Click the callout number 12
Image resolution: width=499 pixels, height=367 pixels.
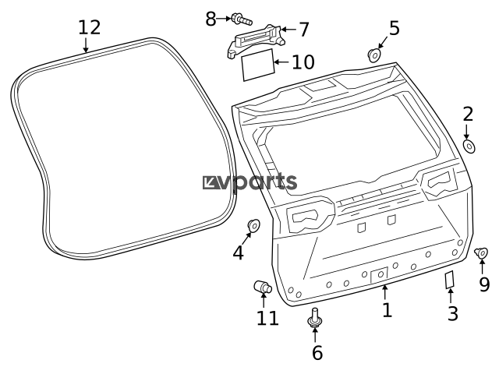[x=90, y=28]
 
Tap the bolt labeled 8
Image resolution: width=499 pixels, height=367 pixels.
[x=242, y=19]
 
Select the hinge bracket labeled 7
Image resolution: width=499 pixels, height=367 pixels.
[x=255, y=41]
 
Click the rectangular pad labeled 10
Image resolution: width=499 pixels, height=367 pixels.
[x=258, y=65]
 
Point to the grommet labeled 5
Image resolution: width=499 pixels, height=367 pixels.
[x=374, y=55]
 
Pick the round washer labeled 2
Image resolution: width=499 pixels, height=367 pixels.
[x=469, y=146]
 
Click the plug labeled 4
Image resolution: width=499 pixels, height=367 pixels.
[x=253, y=225]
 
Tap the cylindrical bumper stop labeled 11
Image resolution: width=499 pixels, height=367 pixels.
[x=263, y=287]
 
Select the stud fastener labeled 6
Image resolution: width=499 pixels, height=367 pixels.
[x=315, y=318]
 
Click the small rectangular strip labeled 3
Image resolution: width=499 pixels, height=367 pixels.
[x=449, y=280]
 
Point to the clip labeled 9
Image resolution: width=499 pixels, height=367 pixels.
[x=481, y=253]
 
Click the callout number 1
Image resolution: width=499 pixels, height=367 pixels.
[x=387, y=310]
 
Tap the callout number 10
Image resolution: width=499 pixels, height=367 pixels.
[x=303, y=62]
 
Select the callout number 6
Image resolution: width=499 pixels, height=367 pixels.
[x=317, y=353]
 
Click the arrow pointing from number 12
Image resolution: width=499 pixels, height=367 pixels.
[x=86, y=45]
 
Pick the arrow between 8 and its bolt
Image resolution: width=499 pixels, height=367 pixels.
[x=224, y=19]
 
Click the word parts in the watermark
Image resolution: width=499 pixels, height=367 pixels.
[x=265, y=182]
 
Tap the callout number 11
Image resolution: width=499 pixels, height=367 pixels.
[x=267, y=319]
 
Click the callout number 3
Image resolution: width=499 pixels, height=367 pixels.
[x=453, y=313]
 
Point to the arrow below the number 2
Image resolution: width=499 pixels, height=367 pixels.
[x=467, y=132]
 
